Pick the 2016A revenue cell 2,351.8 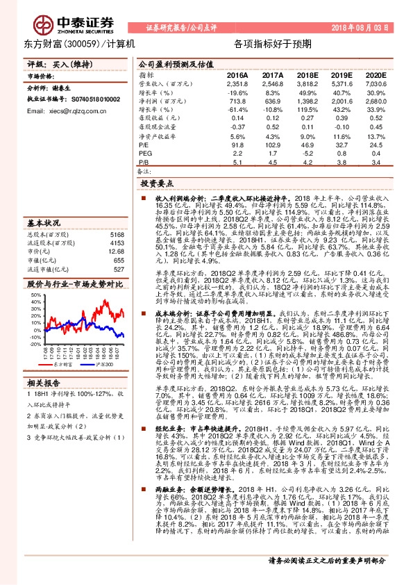pos(237,83)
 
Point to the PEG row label pos(144,153)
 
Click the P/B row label pos(144,163)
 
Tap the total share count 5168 pos(117,236)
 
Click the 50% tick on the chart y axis pos(35,295)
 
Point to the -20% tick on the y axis pos(35,343)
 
